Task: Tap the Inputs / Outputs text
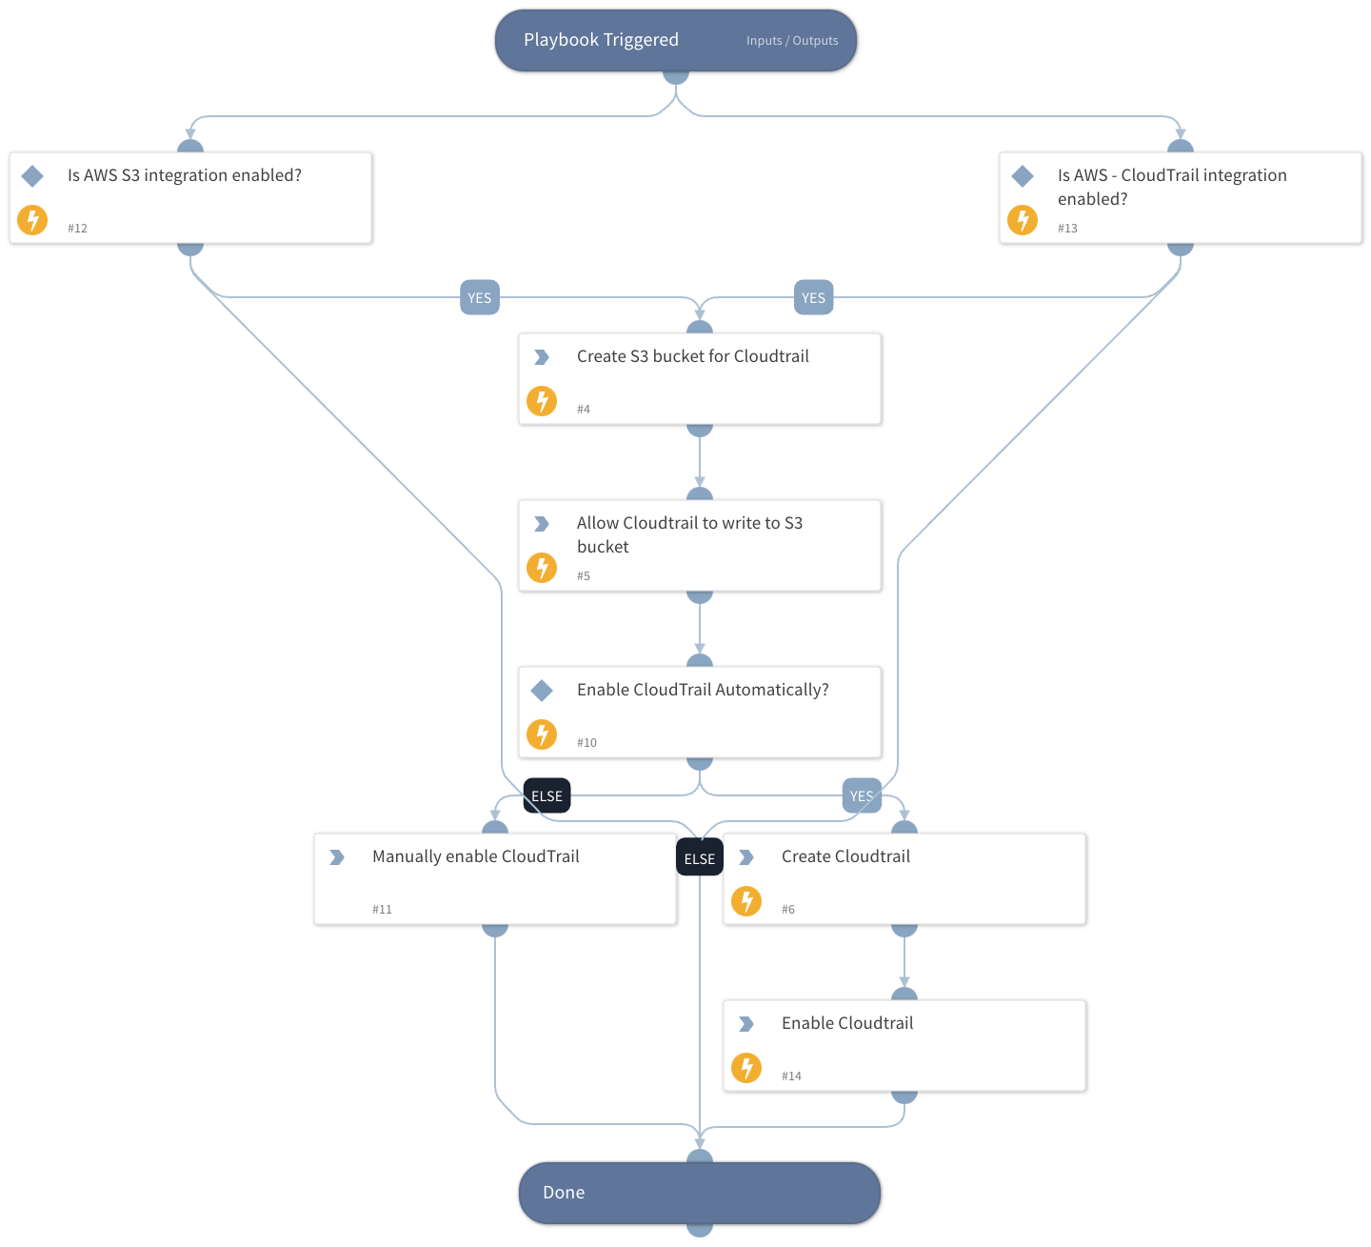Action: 792,41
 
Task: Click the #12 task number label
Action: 77,229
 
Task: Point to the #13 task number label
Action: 1067,229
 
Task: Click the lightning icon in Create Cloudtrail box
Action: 746,900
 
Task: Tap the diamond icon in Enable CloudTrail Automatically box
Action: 542,690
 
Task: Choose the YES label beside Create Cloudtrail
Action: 862,795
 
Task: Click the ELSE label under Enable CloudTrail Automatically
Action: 546,795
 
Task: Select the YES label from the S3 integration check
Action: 480,297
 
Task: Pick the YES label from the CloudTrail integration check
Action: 813,297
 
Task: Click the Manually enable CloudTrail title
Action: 475,856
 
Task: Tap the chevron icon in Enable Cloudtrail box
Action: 746,1023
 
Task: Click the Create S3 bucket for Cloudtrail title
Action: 692,356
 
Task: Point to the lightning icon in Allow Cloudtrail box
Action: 542,568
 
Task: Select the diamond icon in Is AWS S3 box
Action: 32,175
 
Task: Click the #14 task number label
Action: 791,1076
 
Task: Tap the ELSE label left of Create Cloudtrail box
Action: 699,858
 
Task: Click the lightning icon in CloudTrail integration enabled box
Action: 1023,220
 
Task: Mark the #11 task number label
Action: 382,910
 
